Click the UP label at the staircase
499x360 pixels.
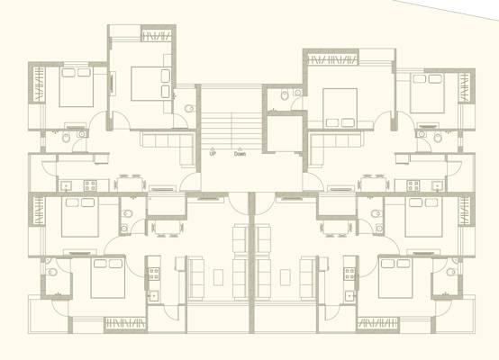213,154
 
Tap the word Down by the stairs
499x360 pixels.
240,154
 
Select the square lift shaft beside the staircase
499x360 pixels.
285,133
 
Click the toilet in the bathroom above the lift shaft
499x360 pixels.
285,94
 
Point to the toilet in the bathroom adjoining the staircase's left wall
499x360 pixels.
189,109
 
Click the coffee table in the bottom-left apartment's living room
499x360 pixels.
218,277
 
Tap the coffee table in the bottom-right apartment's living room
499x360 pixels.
286,277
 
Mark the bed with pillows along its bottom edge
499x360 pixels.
340,108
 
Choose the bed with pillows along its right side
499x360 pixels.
151,84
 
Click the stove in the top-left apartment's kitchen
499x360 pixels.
90,185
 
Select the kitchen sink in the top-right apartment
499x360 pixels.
438,185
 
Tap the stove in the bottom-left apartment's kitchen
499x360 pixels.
154,274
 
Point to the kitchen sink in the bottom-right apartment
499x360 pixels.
350,296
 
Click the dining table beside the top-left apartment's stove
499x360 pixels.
130,184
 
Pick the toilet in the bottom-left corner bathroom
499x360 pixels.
51,272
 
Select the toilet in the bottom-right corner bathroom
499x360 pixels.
451,272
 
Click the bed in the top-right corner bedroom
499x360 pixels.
427,94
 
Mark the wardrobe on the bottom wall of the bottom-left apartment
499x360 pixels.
126,324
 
